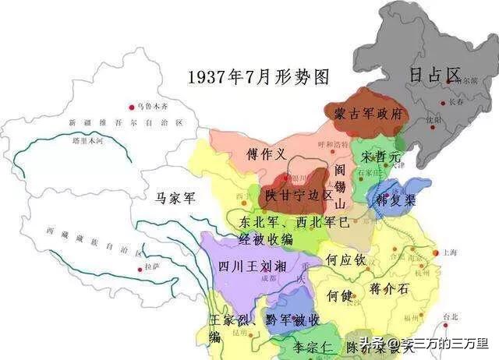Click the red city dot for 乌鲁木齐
pyautogui.click(x=130, y=107)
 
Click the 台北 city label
pyautogui.click(x=451, y=317)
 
